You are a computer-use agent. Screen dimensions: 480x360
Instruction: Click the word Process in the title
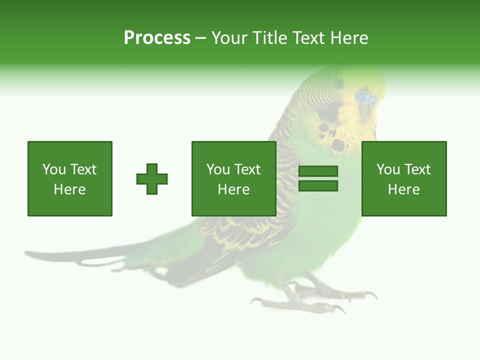coord(157,38)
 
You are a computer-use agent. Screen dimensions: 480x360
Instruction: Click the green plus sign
coord(152,179)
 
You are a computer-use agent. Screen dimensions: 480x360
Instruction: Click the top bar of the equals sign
coord(318,171)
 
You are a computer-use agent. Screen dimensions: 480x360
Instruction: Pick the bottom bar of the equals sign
coord(318,186)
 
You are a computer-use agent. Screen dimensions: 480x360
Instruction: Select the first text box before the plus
coord(70,178)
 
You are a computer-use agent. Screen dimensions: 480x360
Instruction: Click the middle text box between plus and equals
coord(233,178)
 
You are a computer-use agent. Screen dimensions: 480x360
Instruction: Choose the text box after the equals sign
coord(403,178)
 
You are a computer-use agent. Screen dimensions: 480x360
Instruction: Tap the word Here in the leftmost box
coord(69,189)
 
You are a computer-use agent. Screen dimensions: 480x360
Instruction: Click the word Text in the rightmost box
coord(416,169)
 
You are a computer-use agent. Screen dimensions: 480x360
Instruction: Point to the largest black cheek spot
coord(338,145)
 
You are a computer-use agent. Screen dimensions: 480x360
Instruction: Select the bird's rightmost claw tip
coord(375,296)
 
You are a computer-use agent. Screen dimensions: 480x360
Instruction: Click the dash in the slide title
coord(200,38)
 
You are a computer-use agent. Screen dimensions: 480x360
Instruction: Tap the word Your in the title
coord(230,38)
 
